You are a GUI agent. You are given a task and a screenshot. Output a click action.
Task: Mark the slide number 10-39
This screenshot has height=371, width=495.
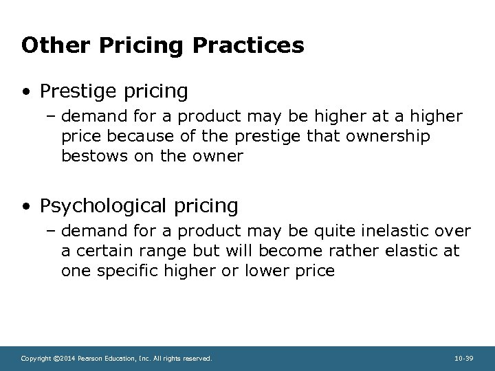pyautogui.click(x=463, y=358)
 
